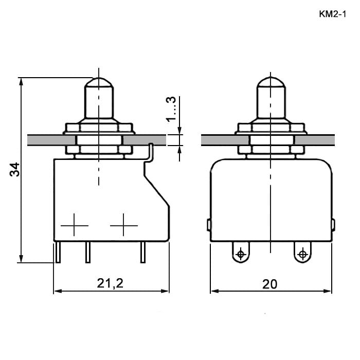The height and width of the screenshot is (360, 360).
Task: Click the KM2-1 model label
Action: pyautogui.click(x=332, y=14)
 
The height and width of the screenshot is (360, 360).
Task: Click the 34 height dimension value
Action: pyautogui.click(x=15, y=169)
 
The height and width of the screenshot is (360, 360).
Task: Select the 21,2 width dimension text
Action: pyautogui.click(x=110, y=283)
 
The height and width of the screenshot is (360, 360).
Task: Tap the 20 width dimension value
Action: pyautogui.click(x=270, y=284)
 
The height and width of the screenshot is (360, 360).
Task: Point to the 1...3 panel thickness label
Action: pyautogui.click(x=171, y=109)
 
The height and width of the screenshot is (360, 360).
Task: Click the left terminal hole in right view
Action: pyautogui.click(x=241, y=254)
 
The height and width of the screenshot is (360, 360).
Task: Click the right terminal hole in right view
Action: pyautogui.click(x=302, y=254)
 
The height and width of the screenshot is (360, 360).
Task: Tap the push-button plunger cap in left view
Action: pyautogui.click(x=99, y=98)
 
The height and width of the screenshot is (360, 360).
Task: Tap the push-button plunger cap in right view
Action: pyautogui.click(x=271, y=98)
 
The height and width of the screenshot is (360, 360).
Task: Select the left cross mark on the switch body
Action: pyautogui.click(x=74, y=225)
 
